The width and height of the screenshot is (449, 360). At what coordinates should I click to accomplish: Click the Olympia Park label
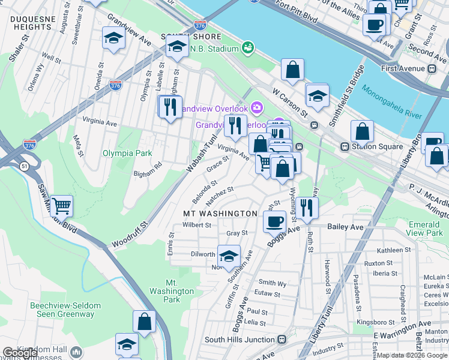127,153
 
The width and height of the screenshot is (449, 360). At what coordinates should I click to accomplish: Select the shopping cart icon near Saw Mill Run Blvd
62,206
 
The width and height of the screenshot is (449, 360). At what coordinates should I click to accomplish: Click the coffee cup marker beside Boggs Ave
275,221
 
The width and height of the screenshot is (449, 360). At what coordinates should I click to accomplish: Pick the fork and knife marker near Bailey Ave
307,207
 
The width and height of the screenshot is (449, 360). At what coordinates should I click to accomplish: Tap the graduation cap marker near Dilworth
228,256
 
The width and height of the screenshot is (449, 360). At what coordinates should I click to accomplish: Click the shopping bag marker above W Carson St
292,70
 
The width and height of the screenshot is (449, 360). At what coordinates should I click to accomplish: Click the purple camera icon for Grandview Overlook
258,108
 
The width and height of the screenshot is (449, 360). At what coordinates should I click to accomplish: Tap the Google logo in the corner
20,353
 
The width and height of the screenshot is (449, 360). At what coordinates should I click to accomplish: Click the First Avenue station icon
432,68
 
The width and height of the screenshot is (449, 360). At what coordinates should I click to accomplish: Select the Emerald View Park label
425,229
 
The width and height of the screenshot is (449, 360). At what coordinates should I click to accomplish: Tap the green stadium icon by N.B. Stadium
247,47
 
